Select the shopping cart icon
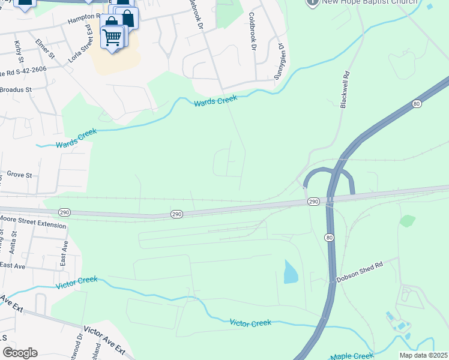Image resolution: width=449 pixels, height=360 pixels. click(112, 38)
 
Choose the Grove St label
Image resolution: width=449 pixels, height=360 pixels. click(19, 175)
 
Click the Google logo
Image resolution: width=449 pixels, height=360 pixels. click(19, 353)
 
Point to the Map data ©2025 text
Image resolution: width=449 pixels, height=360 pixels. click(423, 355)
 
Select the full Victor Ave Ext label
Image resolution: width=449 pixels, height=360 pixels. click(104, 340)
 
